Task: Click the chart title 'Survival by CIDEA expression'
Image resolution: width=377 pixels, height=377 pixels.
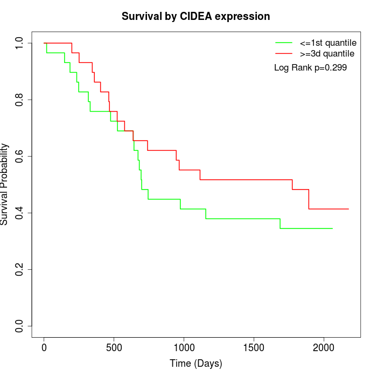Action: point(196,16)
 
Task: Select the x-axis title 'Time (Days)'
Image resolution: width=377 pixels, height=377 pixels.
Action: point(196,364)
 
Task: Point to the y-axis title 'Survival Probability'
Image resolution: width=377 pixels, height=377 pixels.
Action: point(5,184)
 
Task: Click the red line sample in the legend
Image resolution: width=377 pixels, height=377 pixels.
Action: point(283,53)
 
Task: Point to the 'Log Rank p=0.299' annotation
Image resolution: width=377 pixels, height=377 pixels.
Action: point(310,68)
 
